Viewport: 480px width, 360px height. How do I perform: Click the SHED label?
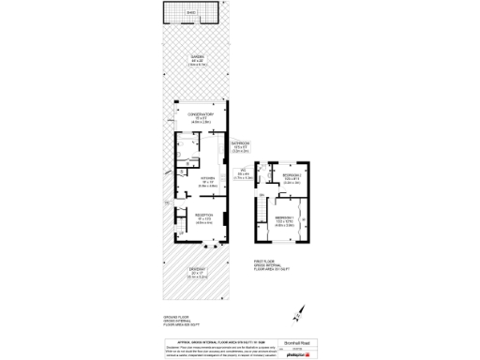tap(189, 12)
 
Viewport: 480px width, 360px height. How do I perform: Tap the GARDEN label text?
tap(197, 60)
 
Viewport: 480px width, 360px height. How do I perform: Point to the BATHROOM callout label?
tap(241, 145)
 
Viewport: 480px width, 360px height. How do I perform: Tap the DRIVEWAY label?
tap(197, 274)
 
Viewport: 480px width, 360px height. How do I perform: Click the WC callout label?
tap(242, 172)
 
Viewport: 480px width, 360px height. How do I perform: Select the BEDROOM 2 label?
tap(292, 177)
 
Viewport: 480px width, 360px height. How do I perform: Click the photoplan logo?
tap(300, 354)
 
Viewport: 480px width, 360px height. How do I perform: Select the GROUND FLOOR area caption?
tap(176, 322)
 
